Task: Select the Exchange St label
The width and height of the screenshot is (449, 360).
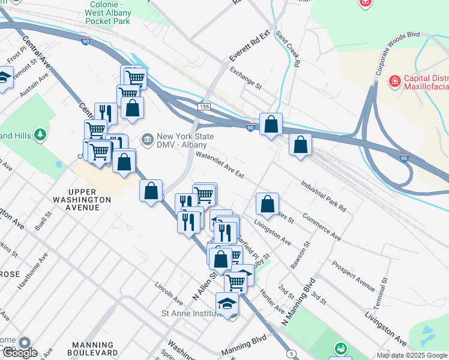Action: click(246, 77)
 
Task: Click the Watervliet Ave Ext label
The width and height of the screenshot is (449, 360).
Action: click(220, 164)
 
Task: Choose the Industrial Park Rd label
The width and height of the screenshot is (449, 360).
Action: click(324, 197)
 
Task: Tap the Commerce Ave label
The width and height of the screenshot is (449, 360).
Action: click(322, 226)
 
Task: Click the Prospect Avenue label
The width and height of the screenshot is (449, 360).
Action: click(353, 274)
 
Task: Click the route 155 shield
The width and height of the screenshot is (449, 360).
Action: click(205, 106)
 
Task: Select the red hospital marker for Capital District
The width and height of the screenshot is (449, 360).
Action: click(394, 80)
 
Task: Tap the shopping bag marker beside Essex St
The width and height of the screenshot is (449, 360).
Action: click(267, 203)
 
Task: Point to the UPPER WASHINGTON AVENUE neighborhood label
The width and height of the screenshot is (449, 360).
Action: click(81, 203)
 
